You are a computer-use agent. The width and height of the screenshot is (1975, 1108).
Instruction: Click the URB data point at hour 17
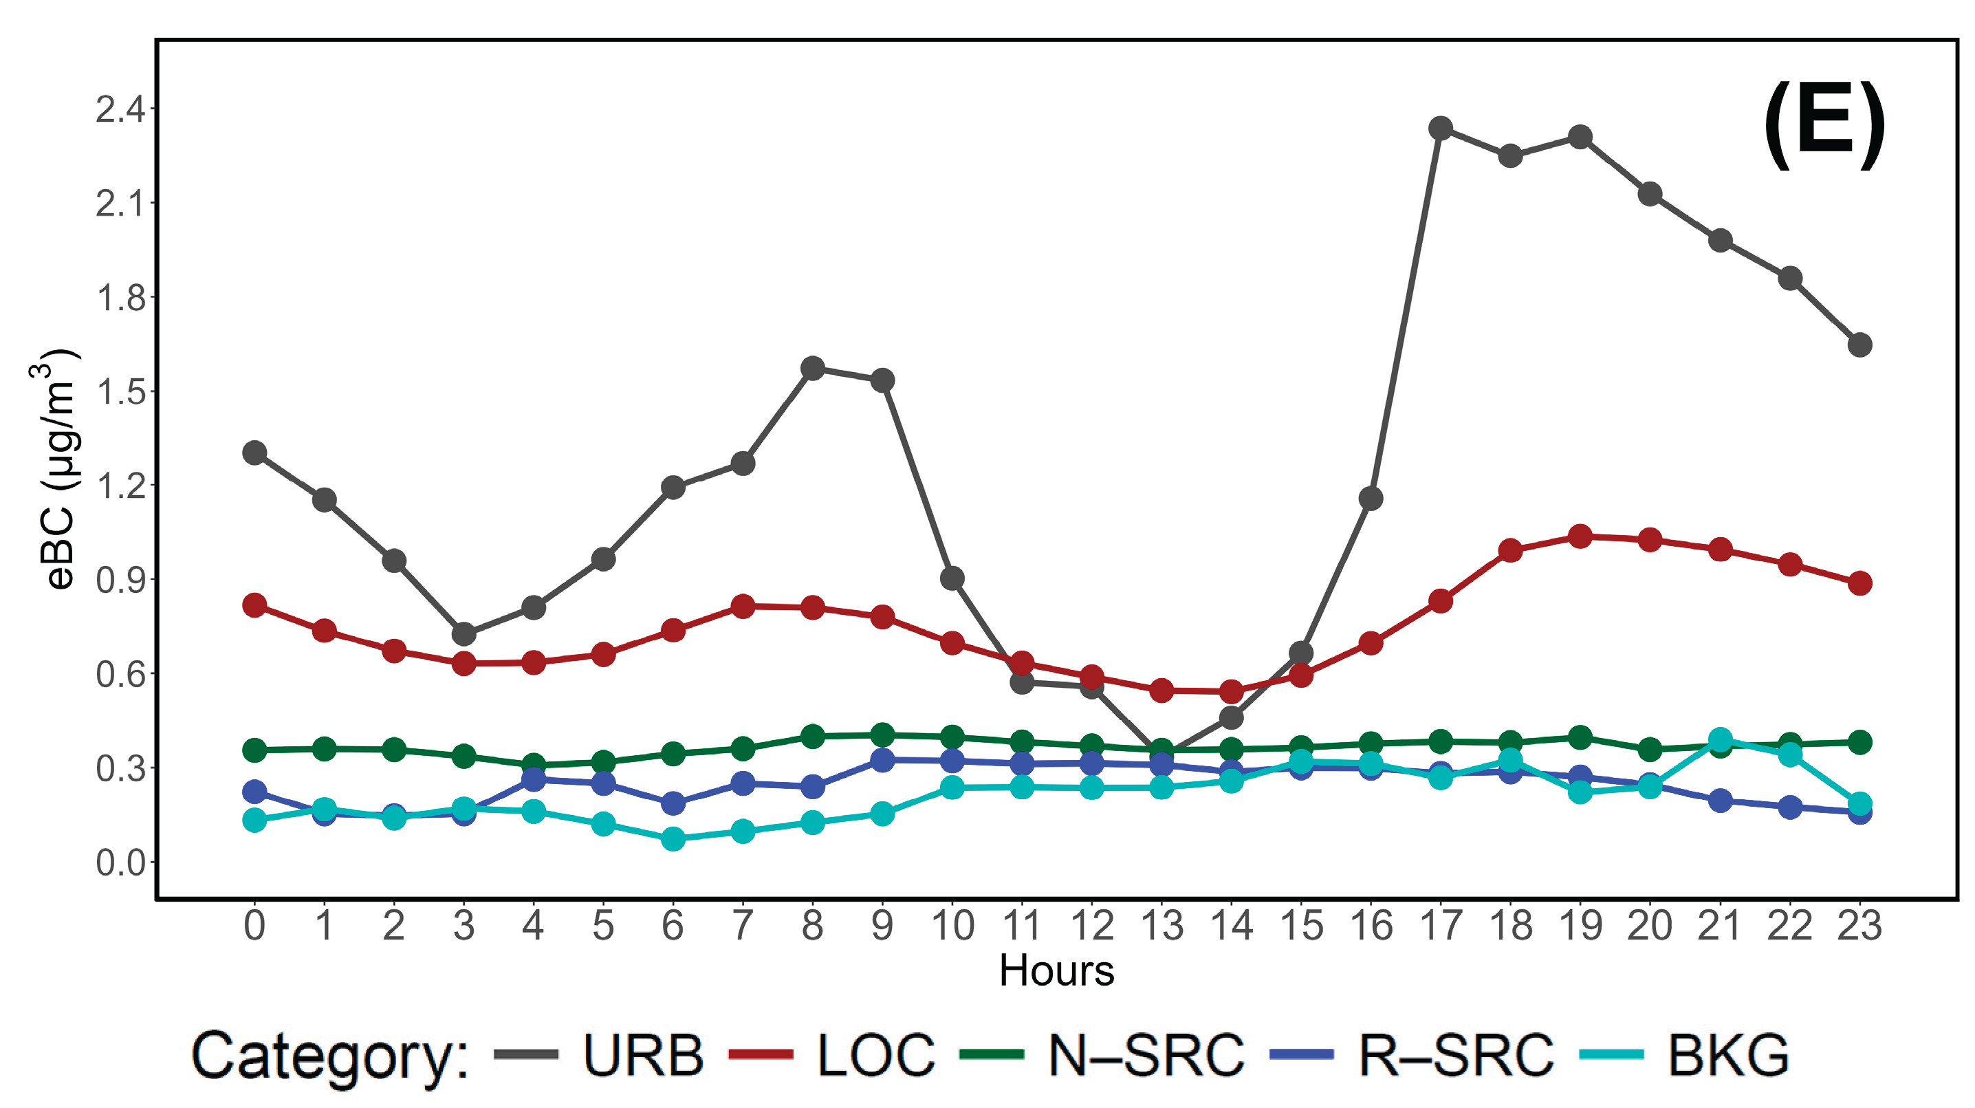pyautogui.click(x=1441, y=128)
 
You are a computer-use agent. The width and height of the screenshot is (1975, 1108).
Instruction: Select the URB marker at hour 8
pyautogui.click(x=813, y=368)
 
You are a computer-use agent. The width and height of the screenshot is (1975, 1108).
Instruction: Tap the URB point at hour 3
pyautogui.click(x=464, y=634)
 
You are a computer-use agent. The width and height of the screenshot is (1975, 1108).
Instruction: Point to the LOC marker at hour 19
pyautogui.click(x=1580, y=536)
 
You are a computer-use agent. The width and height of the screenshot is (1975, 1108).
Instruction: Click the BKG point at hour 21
pyautogui.click(x=1721, y=740)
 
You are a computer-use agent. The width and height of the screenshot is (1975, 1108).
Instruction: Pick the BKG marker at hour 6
pyautogui.click(x=673, y=839)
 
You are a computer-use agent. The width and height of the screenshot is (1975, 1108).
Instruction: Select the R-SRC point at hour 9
pyautogui.click(x=882, y=760)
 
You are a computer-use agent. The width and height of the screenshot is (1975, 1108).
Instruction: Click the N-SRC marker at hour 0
pyautogui.click(x=254, y=750)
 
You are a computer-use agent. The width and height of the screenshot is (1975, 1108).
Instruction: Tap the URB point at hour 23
pyautogui.click(x=1860, y=345)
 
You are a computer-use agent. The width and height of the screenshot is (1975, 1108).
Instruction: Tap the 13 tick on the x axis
pyautogui.click(x=1162, y=926)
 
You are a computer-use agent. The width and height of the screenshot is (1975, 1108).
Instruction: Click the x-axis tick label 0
pyautogui.click(x=254, y=926)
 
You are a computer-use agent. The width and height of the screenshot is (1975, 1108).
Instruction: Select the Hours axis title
pyautogui.click(x=1056, y=970)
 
